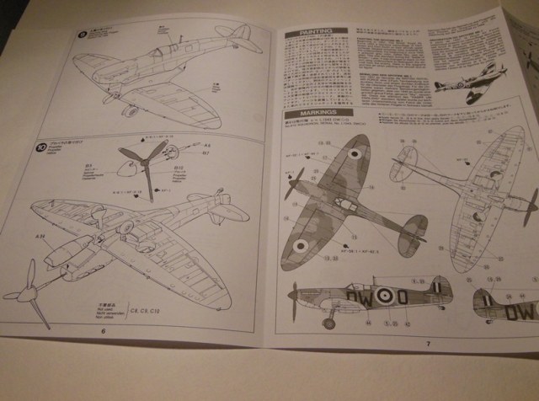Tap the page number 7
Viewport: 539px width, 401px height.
[427, 343]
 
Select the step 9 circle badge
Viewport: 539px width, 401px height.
[83, 35]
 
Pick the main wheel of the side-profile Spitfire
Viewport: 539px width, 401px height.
[329, 323]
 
